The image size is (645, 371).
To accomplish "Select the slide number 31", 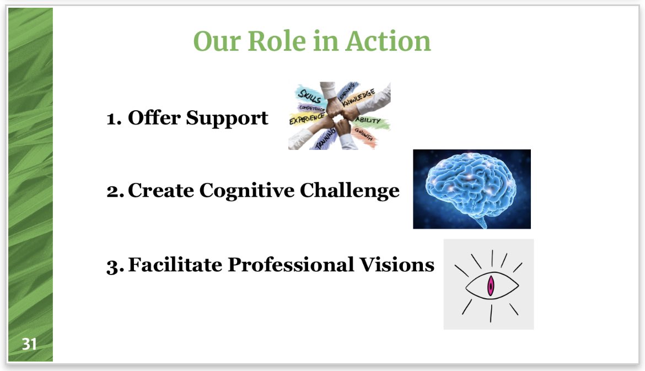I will (29, 345).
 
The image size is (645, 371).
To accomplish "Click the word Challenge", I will (350, 190).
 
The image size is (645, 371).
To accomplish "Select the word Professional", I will (291, 265).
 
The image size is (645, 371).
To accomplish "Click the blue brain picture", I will (471, 189).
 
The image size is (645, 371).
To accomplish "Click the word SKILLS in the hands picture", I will (309, 95).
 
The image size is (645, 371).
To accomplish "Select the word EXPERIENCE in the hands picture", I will (307, 118).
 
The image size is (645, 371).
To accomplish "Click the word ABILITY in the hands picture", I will (368, 120).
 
